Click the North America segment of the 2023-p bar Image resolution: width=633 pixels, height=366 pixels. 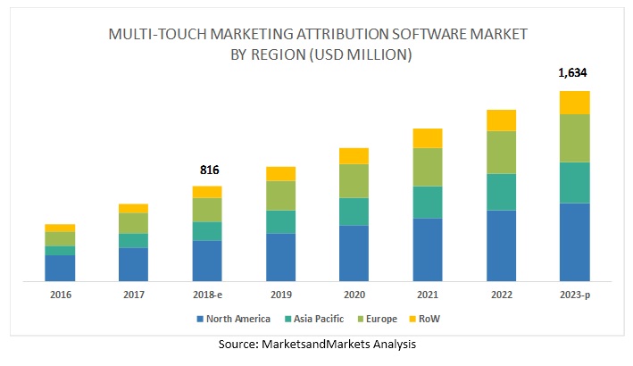click(574, 242)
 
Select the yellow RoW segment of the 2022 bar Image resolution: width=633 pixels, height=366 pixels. click(501, 120)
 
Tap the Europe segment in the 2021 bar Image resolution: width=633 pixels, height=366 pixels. click(428, 166)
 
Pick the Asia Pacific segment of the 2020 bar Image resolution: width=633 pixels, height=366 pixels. click(354, 211)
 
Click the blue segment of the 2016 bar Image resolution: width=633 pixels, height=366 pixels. click(60, 268)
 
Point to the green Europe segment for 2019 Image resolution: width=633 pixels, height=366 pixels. click(280, 195)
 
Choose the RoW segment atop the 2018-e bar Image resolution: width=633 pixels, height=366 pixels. click(207, 191)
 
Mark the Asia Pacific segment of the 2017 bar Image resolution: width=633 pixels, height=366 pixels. click(133, 240)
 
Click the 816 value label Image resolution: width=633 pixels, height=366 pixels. click(208, 170)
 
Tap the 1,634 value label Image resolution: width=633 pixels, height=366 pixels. click(574, 73)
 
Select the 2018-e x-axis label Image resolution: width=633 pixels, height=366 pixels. click(207, 295)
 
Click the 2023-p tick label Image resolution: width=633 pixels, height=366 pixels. click(574, 295)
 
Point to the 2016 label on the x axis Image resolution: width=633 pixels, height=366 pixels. click(60, 295)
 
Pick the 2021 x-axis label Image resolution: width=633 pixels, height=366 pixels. click(428, 295)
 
